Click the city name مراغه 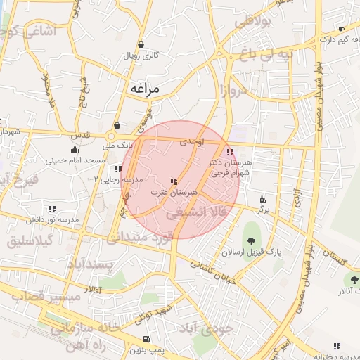coord(146,89)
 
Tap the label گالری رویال coord(141,55)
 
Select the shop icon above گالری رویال coord(141,44)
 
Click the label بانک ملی coord(98,146)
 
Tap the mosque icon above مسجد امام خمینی coord(75,149)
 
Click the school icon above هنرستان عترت coord(174,181)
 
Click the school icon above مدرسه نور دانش coord(52,209)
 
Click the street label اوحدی coord(191,142)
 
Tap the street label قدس coord(81,134)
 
